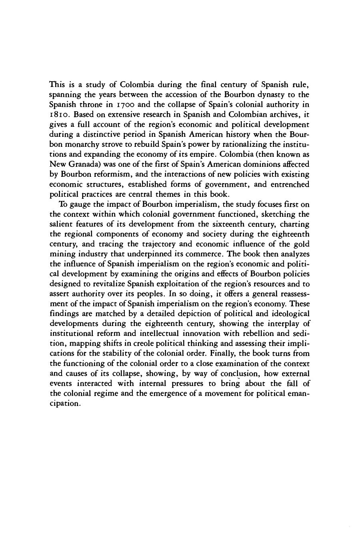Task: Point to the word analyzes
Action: pos(295,254)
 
